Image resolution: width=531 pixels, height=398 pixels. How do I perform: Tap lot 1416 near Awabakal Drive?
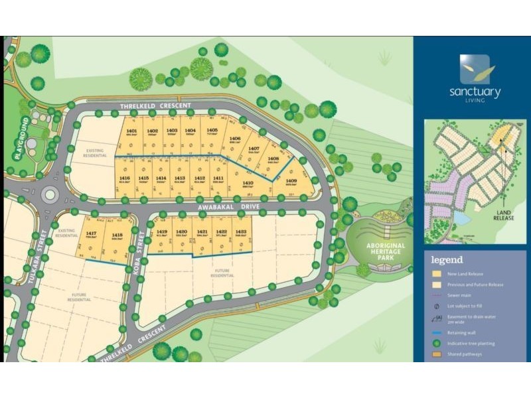click(124, 178)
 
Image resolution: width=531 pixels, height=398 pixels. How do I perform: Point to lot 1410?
click(248, 184)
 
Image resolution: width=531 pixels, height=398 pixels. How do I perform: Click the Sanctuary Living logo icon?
click(475, 68)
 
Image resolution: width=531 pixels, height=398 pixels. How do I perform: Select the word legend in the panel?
click(447, 259)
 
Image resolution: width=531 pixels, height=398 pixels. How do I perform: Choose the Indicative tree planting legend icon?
click(436, 343)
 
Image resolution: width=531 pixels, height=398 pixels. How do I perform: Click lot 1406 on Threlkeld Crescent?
click(235, 141)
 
